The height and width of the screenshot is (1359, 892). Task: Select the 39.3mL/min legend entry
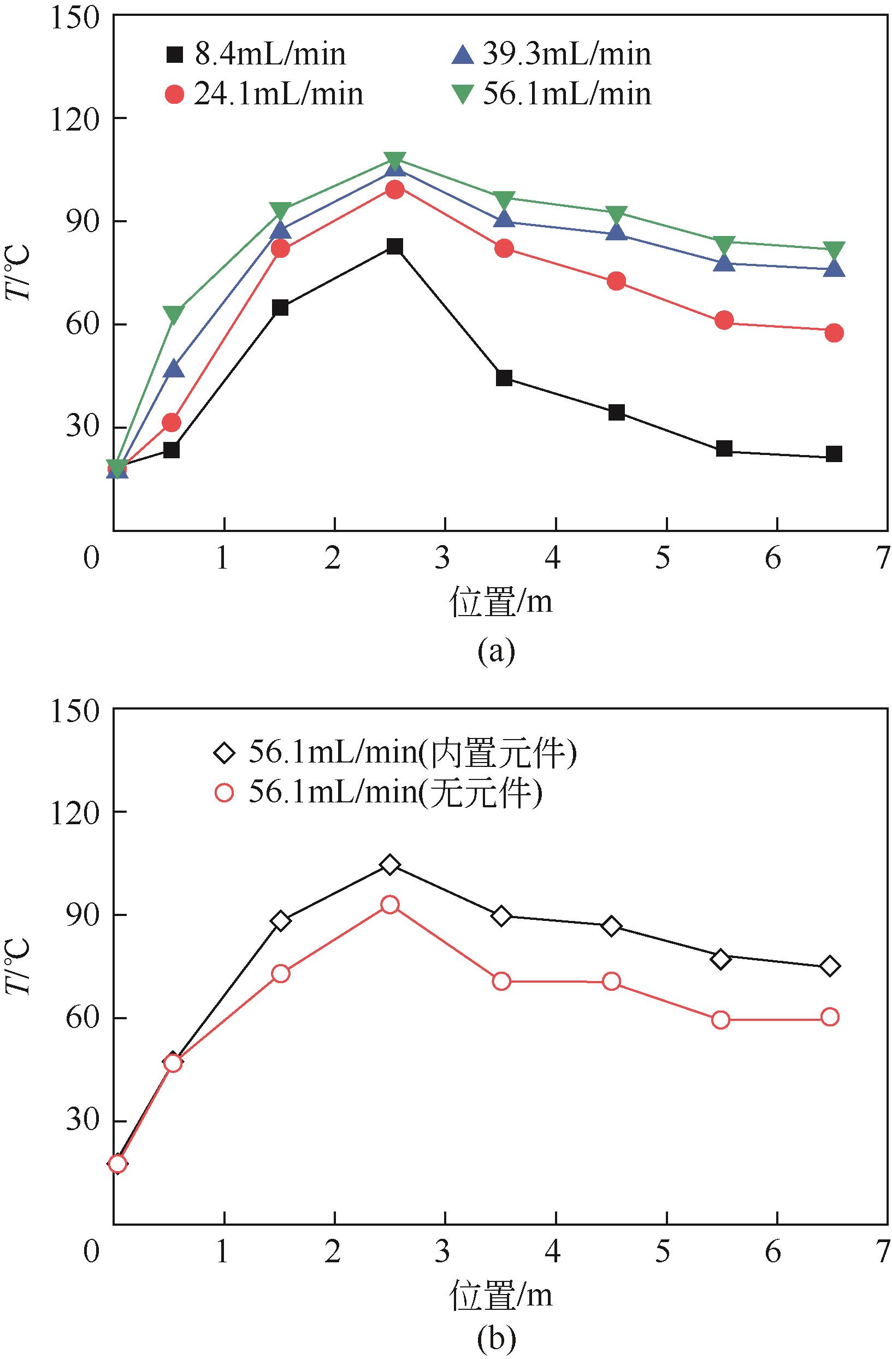point(551,55)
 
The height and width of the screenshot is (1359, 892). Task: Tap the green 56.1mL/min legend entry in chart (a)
point(551,93)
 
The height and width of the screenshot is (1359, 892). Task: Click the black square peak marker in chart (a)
point(394,247)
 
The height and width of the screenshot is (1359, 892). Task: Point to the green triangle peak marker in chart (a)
point(394,161)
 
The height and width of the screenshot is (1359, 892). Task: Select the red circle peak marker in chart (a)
point(394,190)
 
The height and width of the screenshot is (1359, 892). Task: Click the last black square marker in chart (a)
point(834,454)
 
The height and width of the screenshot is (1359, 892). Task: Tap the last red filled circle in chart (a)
point(834,333)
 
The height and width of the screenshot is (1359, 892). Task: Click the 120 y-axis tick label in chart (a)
point(74,119)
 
